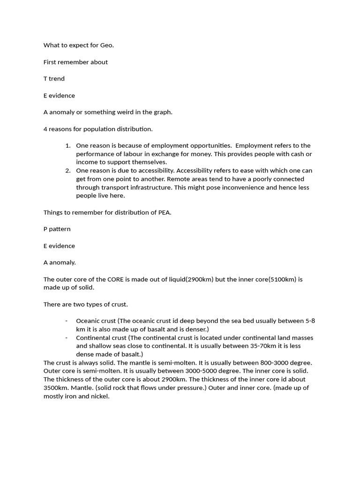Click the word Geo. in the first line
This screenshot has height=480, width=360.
tap(107, 45)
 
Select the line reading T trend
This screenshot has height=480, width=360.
tap(54, 79)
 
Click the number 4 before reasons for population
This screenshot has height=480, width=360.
tap(45, 129)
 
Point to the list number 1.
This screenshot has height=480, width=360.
tap(68, 146)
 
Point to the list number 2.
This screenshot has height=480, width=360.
tap(68, 171)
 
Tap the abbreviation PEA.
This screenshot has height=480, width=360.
tap(164, 212)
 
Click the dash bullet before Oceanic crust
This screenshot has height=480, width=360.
tap(67, 321)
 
